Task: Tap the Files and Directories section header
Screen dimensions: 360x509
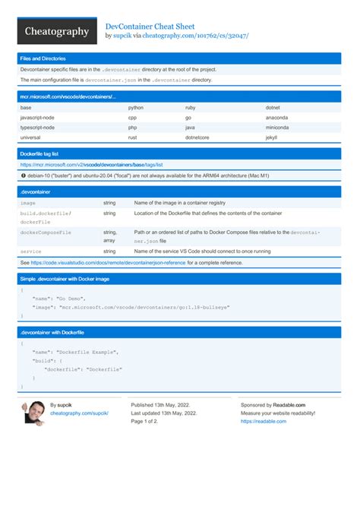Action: coord(43,58)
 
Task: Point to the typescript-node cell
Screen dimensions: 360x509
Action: coord(37,128)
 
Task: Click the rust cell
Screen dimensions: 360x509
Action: coord(132,138)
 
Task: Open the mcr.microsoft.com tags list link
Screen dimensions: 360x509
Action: coord(92,164)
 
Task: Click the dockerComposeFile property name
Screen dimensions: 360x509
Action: coord(46,232)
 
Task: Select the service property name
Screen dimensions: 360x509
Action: coord(31,251)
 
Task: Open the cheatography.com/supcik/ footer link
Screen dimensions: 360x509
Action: coord(79,413)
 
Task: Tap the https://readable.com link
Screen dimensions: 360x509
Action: coord(264,421)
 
